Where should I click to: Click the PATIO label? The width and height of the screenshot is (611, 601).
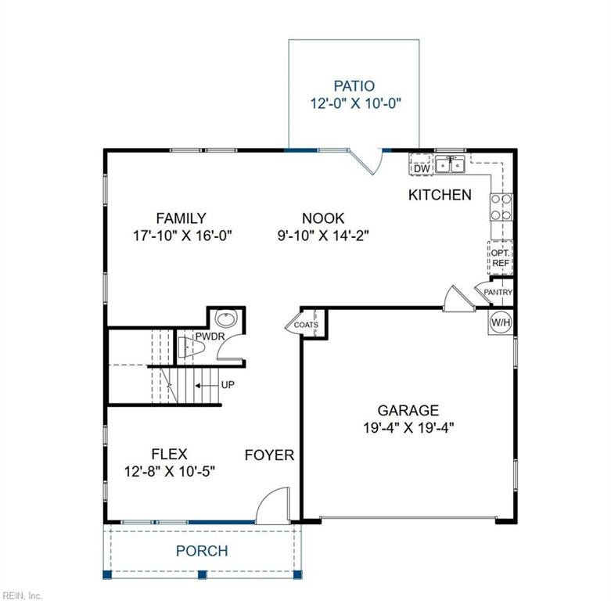354,86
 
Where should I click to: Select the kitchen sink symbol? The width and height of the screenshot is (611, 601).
451,165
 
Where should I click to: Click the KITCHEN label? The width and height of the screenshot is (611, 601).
440,195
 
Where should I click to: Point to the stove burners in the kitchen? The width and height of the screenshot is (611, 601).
501,205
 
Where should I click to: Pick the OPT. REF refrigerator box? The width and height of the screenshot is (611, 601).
501,258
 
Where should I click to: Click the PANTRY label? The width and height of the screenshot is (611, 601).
498,293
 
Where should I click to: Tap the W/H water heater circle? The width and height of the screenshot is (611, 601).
500,322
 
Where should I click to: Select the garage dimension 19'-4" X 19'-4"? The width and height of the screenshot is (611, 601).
408,427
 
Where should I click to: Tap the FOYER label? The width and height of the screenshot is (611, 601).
269,455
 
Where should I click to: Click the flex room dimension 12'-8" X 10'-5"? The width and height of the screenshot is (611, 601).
169,472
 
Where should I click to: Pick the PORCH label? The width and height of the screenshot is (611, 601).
202,551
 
